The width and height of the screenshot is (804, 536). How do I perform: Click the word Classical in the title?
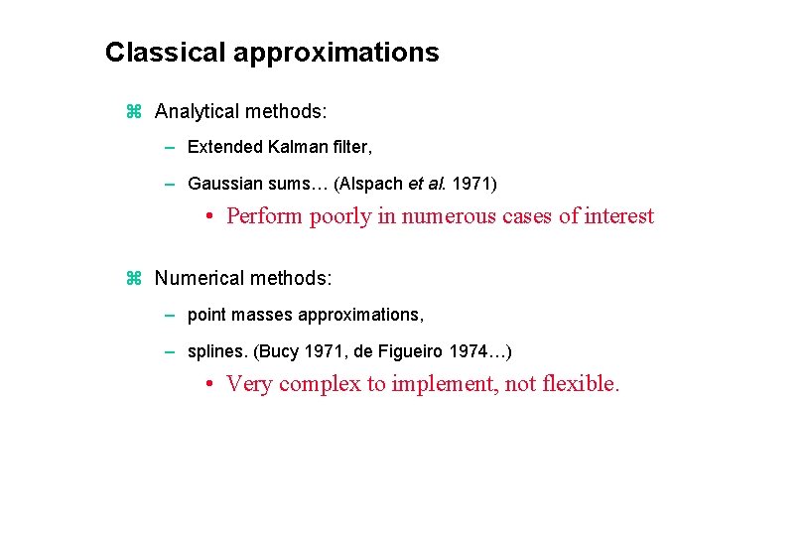click(x=165, y=53)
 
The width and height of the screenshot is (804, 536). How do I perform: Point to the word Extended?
click(x=224, y=147)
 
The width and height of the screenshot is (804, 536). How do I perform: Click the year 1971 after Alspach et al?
click(x=470, y=184)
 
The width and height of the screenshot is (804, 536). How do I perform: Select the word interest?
click(x=618, y=216)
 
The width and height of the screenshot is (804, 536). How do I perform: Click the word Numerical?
click(x=198, y=279)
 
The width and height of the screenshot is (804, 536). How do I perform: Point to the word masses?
click(x=259, y=315)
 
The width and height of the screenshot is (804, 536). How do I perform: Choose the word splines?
click(x=213, y=351)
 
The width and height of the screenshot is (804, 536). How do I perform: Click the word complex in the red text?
click(x=320, y=384)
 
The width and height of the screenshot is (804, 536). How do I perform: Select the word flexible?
click(x=581, y=384)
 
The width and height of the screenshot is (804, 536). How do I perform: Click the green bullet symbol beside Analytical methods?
click(x=135, y=112)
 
